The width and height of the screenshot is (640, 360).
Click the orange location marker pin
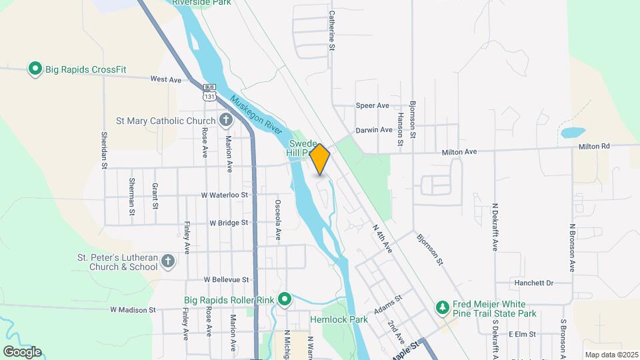click(x=320, y=159)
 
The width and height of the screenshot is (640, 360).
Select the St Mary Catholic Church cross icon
click(x=226, y=121)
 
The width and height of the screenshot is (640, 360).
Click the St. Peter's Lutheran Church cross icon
click(x=167, y=261)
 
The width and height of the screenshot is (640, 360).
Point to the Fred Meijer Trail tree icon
click(x=441, y=307)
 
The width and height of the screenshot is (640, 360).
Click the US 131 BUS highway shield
click(x=210, y=93)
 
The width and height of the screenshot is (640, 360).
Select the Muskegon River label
click(x=257, y=117)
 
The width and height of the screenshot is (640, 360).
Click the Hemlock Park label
click(x=339, y=319)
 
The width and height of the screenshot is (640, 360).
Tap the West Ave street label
click(x=166, y=79)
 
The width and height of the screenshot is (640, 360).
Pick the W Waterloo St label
click(x=225, y=195)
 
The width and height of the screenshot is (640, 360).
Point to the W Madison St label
click(x=133, y=309)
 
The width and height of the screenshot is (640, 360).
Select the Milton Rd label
click(x=594, y=146)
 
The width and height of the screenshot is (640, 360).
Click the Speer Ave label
click(x=372, y=105)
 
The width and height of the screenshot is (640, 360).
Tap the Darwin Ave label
click(x=373, y=130)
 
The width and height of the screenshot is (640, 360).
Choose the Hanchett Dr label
click(x=534, y=283)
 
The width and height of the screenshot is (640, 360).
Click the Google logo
click(x=22, y=351)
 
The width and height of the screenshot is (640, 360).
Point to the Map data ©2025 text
click(x=610, y=354)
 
